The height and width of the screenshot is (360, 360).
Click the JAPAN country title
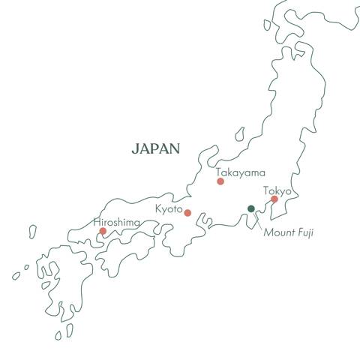(155, 148)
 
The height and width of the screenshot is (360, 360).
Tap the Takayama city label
(240, 172)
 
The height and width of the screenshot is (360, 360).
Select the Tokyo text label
(277, 190)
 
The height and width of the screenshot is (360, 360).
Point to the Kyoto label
(169, 208)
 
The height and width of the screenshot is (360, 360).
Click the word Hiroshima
(116, 223)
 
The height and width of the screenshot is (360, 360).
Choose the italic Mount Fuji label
(288, 233)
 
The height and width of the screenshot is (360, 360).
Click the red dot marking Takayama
(220, 181)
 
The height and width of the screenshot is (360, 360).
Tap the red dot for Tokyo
(274, 199)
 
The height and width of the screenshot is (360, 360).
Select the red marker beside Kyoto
(187, 213)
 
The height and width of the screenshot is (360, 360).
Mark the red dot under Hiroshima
(103, 231)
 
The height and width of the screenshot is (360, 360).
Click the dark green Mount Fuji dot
(251, 208)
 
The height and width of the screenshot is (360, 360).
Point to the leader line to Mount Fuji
(257, 220)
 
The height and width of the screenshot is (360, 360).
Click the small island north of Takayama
(239, 134)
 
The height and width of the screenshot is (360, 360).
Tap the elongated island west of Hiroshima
(32, 231)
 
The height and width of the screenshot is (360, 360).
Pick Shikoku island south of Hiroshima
(120, 259)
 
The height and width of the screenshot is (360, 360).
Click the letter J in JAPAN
(135, 148)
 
